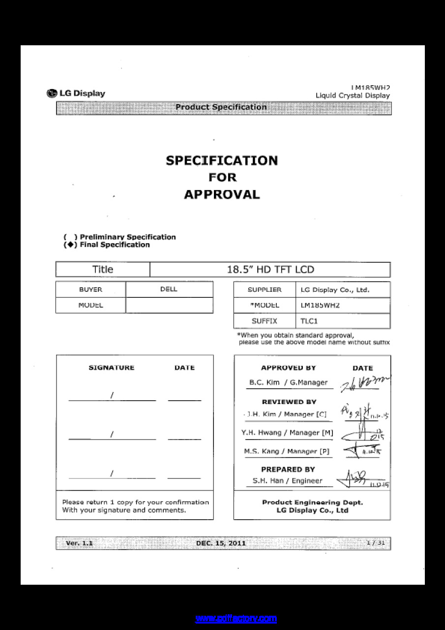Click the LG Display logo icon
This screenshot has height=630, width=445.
click(51, 94)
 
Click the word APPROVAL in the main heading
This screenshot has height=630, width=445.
click(222, 194)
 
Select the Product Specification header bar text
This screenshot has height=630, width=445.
click(221, 107)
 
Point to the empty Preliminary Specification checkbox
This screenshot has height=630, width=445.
click(70, 237)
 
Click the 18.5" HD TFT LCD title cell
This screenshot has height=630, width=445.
click(270, 270)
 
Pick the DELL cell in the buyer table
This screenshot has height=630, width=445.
click(169, 289)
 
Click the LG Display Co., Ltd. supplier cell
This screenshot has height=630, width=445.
click(335, 290)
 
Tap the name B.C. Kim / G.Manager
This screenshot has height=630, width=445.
click(288, 382)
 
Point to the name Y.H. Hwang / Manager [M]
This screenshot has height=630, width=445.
click(287, 433)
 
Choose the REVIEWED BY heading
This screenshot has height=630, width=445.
click(289, 402)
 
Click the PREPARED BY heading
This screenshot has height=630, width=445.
click(288, 470)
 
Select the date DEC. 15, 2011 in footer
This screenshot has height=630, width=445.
click(221, 543)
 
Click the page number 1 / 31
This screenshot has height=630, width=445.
click(376, 543)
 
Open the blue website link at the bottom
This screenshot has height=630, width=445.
click(236, 618)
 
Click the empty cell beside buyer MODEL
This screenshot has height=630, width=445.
click(169, 305)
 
